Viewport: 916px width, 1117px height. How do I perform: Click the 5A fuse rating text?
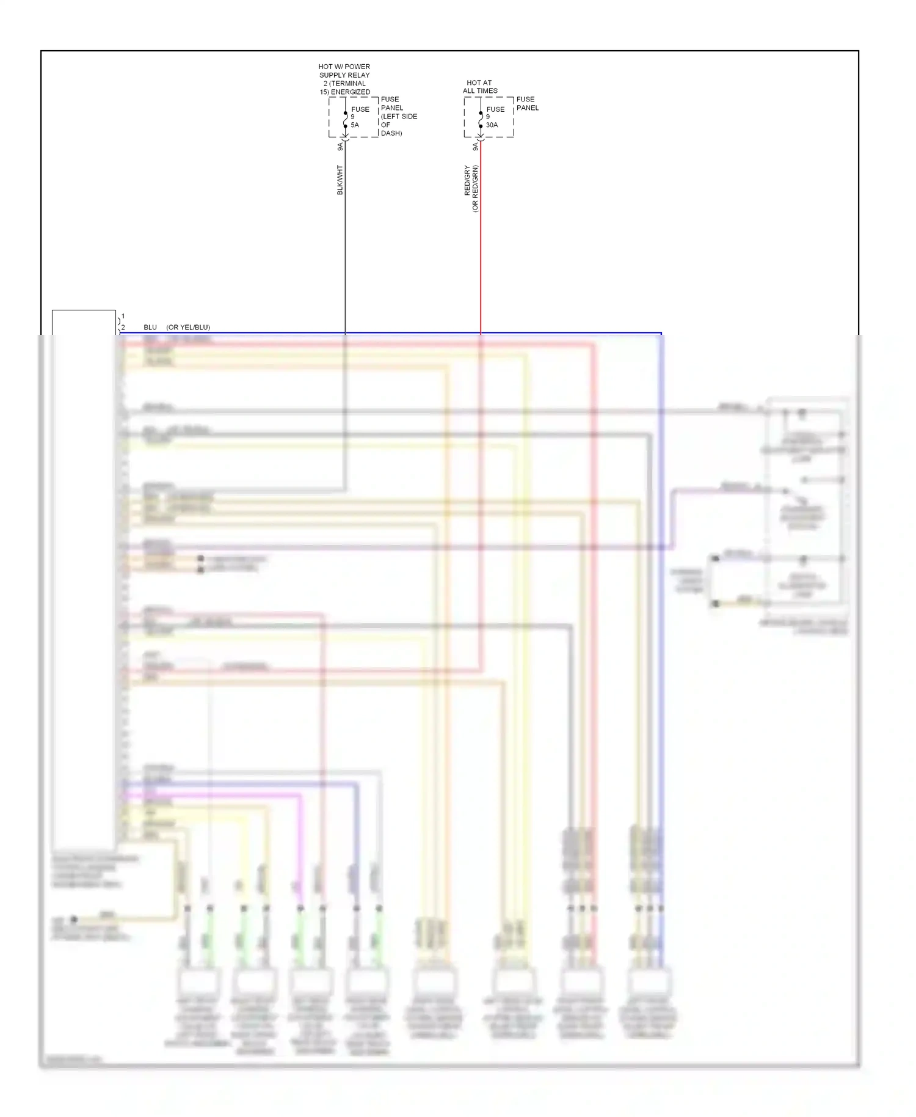pyautogui.click(x=355, y=125)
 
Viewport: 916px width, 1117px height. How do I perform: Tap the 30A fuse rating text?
pyautogui.click(x=492, y=125)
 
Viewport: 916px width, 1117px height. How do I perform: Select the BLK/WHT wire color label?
pyautogui.click(x=340, y=180)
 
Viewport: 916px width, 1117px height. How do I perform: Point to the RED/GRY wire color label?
pyautogui.click(x=468, y=180)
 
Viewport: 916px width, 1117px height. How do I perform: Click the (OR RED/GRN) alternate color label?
pyautogui.click(x=475, y=188)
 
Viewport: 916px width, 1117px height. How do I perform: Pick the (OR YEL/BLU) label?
pyautogui.click(x=188, y=328)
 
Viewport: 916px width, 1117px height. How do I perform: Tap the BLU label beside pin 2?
pyautogui.click(x=150, y=328)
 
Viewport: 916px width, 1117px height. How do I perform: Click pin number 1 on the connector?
pyautogui.click(x=123, y=317)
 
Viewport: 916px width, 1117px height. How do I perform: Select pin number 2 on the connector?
pyautogui.click(x=123, y=328)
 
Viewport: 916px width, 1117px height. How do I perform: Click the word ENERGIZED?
pyautogui.click(x=351, y=92)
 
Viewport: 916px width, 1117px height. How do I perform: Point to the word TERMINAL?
pyautogui.click(x=348, y=84)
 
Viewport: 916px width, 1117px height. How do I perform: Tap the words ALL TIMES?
pyautogui.click(x=480, y=91)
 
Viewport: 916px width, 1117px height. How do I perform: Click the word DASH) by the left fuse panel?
pyautogui.click(x=391, y=133)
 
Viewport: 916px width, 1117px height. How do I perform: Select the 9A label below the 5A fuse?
pyautogui.click(x=340, y=147)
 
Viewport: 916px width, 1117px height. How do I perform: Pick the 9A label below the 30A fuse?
pyautogui.click(x=476, y=147)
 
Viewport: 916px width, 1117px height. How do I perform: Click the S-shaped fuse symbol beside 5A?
pyautogui.click(x=345, y=120)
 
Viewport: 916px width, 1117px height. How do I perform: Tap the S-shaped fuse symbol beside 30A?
pyautogui.click(x=481, y=120)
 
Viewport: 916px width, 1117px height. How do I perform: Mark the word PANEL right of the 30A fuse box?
pyautogui.click(x=528, y=108)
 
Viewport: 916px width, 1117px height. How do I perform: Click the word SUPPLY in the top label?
pyautogui.click(x=332, y=75)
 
